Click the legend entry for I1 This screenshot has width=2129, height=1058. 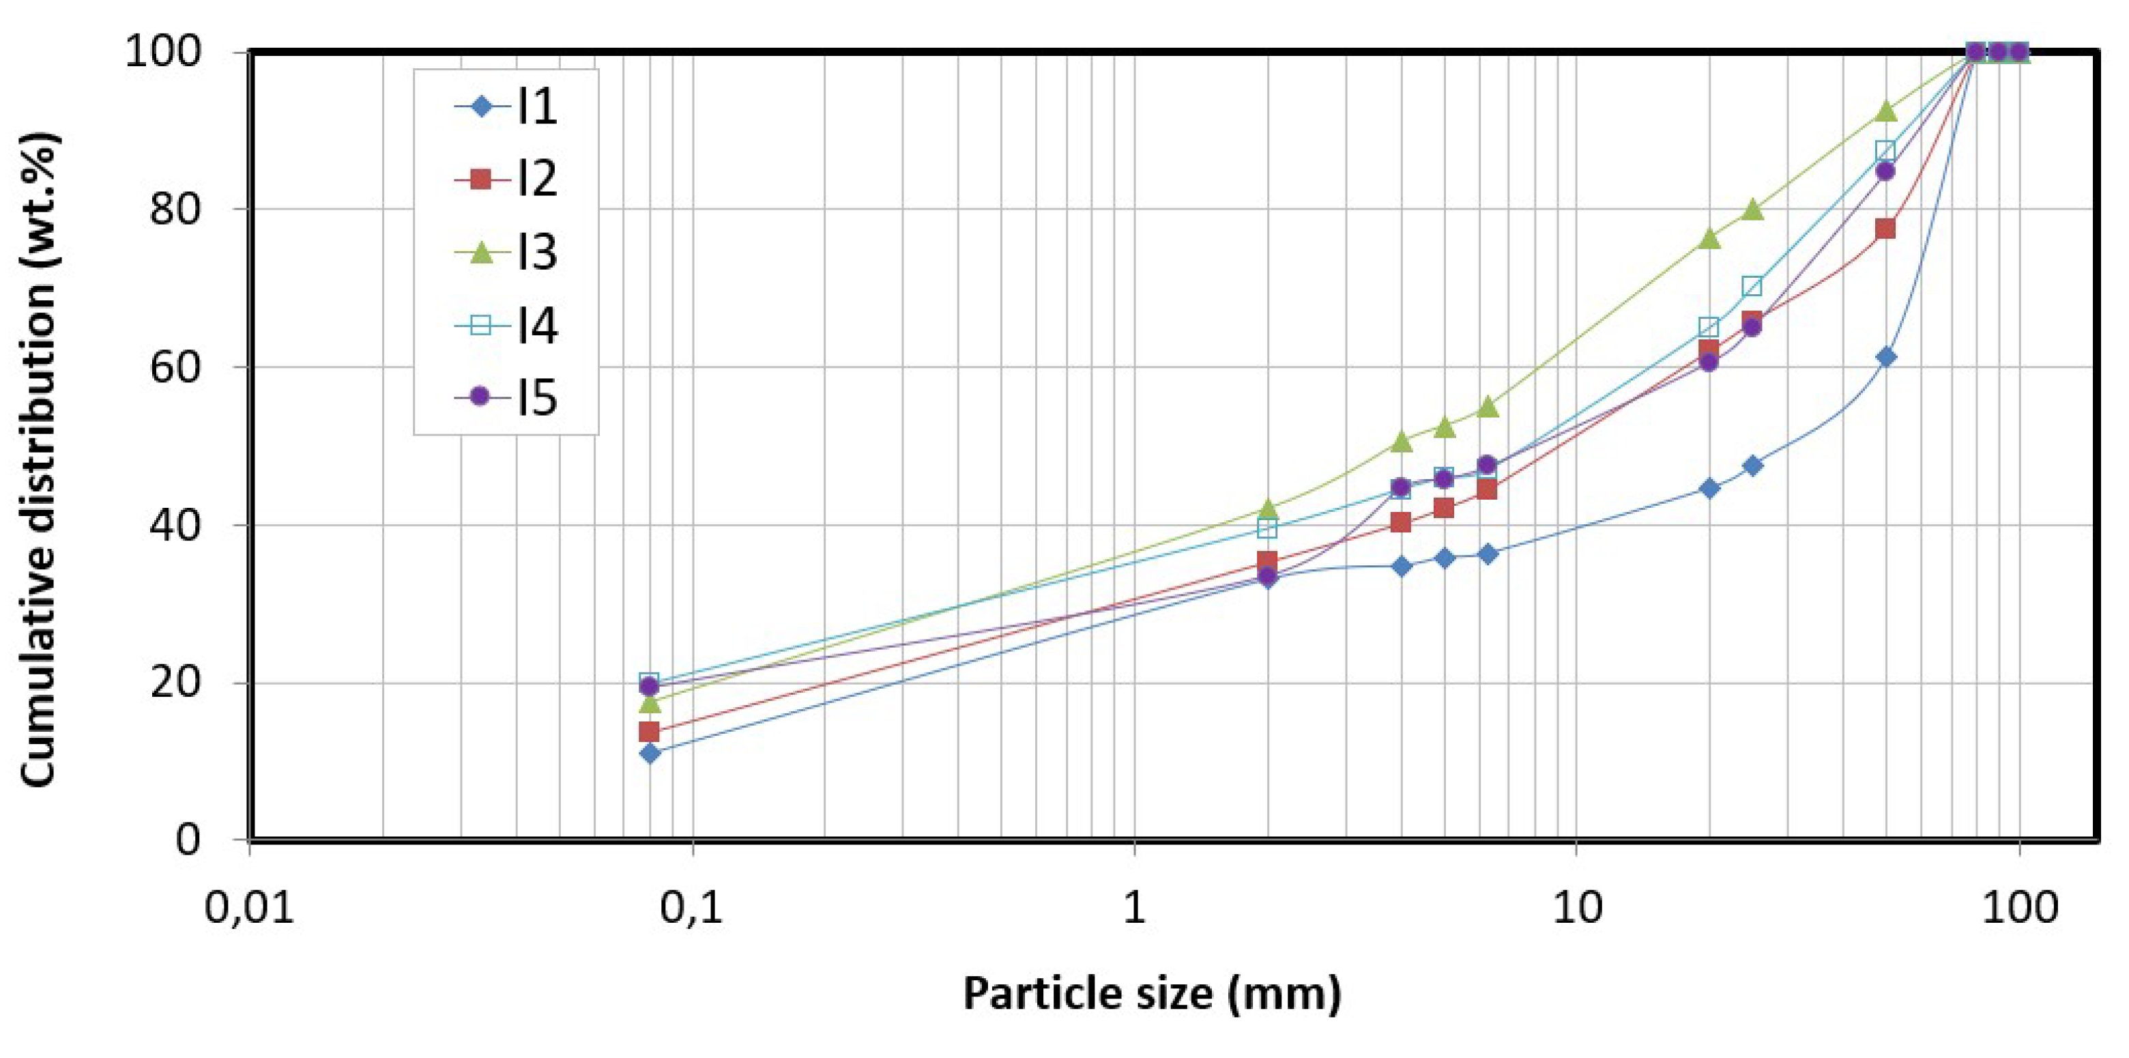click(506, 106)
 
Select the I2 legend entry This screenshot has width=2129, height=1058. click(506, 179)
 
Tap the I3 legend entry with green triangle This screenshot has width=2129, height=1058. click(506, 251)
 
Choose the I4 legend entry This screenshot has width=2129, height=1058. click(506, 325)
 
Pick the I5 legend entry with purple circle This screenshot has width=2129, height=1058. click(506, 397)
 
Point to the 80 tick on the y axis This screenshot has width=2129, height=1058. click(175, 209)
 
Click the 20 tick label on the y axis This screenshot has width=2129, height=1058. click(175, 683)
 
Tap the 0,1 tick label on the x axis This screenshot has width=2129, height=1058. click(691, 909)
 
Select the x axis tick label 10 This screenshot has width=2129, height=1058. click(1576, 909)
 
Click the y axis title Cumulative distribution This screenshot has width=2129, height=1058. click(38, 459)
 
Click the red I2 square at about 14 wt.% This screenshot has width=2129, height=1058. click(649, 732)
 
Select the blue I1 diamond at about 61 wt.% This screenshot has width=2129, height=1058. click(1885, 357)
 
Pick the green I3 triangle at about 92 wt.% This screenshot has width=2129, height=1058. click(1885, 111)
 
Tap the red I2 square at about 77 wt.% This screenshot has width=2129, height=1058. click(1885, 228)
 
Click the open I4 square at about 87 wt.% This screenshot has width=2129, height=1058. click(1885, 150)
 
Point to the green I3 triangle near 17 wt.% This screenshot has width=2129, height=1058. click(650, 702)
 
